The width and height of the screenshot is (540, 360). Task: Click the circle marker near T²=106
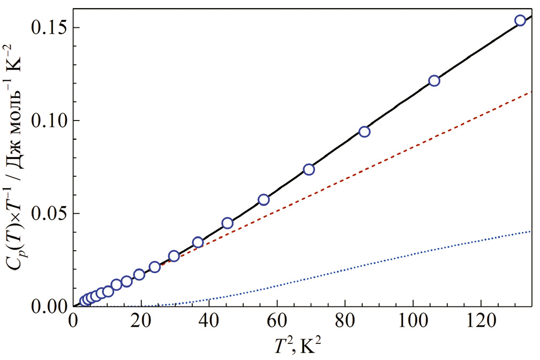pyautogui.click(x=434, y=81)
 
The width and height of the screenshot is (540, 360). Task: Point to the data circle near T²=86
pyautogui.click(x=364, y=132)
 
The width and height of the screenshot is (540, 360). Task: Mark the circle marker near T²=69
pyautogui.click(x=309, y=169)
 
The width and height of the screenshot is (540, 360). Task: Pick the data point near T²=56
pyautogui.click(x=263, y=200)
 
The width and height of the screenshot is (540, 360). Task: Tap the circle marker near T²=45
pyautogui.click(x=227, y=223)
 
